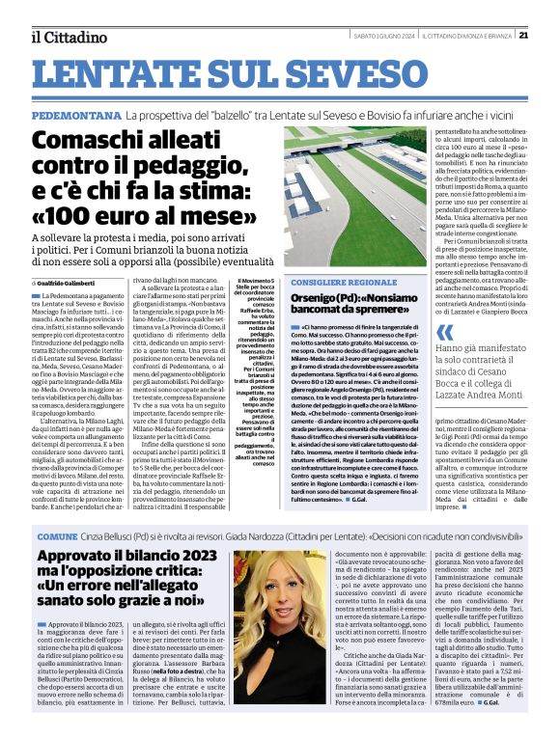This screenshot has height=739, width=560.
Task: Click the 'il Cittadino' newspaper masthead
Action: pos(68,37)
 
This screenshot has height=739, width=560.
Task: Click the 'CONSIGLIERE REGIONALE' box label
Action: pos(332,283)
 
